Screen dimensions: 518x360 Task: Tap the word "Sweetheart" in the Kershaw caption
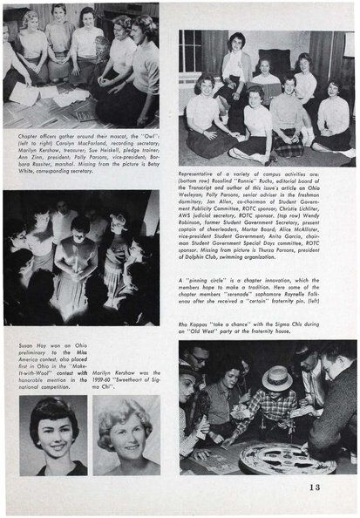coord(142,370)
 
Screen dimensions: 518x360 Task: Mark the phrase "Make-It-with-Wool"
coord(45,373)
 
